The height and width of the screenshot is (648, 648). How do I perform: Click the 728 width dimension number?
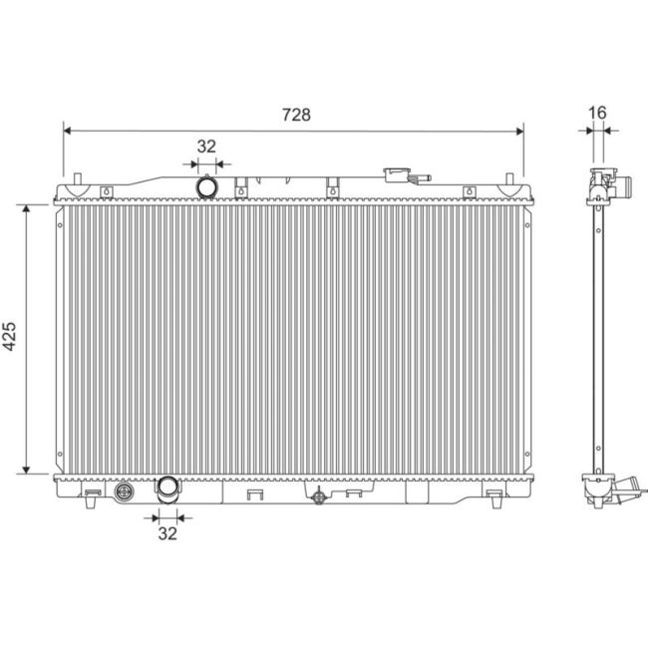[x=294, y=115]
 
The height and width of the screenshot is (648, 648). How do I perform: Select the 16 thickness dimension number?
[x=597, y=114]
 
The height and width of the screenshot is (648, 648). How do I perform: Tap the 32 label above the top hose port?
[x=206, y=146]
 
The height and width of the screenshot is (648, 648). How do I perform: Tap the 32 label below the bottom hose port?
[x=166, y=533]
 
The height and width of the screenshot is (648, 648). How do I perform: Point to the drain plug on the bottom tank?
[x=125, y=492]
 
